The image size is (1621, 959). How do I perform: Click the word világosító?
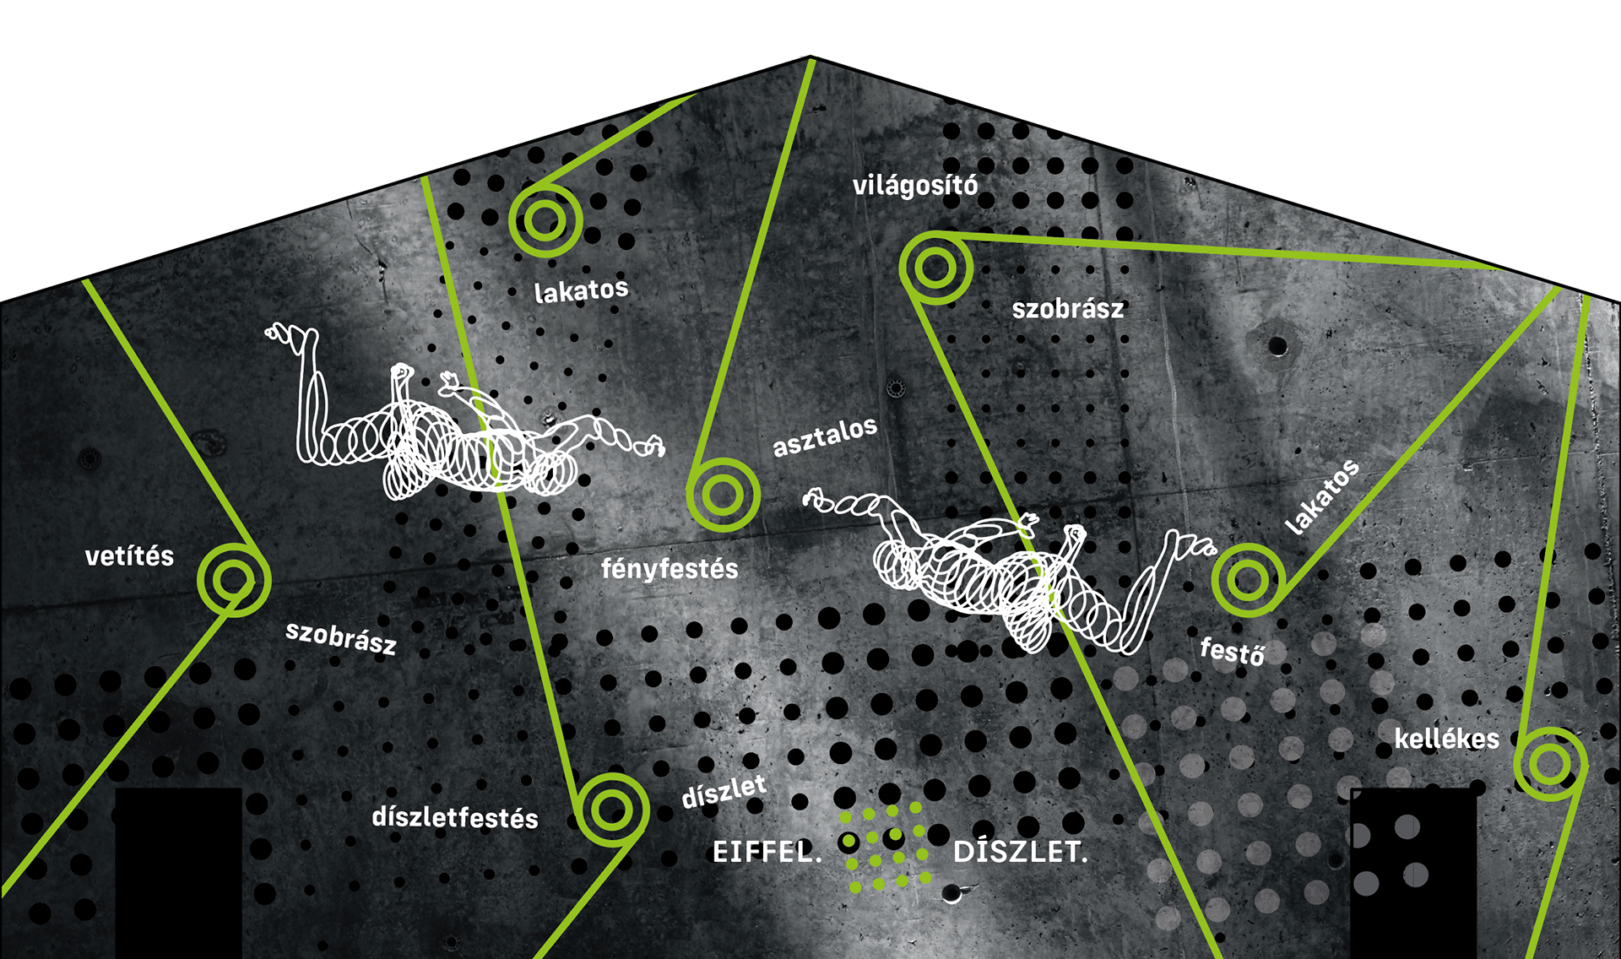(915, 186)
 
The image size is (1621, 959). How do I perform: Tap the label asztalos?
(825, 437)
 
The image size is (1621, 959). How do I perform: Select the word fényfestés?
(670, 568)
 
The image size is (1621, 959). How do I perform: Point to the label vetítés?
(129, 556)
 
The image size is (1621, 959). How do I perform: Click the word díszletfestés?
(455, 817)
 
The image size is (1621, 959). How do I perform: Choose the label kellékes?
(1446, 740)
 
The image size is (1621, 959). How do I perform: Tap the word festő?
(1233, 652)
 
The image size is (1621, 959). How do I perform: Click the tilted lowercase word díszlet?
(724, 792)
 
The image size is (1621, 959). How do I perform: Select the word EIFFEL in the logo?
(766, 852)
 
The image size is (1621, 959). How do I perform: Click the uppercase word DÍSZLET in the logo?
(1020, 852)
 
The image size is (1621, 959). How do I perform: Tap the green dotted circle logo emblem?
(886, 847)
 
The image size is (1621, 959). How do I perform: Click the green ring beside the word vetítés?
(234, 580)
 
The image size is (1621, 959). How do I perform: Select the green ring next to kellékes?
(1550, 764)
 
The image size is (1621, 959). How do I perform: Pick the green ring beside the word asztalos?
(723, 495)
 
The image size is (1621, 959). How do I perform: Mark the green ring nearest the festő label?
(1248, 580)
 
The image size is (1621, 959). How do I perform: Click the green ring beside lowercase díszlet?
(612, 810)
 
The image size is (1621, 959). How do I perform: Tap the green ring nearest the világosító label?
(935, 268)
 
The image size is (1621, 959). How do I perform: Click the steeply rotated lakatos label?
(1322, 497)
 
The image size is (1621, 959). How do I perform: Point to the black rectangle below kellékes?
(1413, 874)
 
